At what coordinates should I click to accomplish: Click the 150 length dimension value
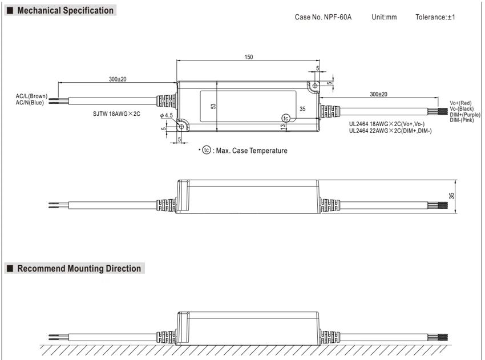[x=249, y=57]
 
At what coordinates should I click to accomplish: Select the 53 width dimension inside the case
[x=213, y=106]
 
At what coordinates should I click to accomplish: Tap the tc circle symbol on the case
[x=286, y=118]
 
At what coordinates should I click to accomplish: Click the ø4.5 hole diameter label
[x=167, y=115]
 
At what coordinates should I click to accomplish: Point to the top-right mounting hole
[x=315, y=86]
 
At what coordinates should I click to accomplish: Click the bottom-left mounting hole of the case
[x=181, y=127]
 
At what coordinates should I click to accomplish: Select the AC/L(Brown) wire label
[x=31, y=96]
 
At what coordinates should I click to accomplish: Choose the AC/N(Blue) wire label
[x=30, y=102]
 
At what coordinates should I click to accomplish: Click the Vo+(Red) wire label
[x=460, y=103]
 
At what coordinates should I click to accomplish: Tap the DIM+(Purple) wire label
[x=465, y=115]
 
